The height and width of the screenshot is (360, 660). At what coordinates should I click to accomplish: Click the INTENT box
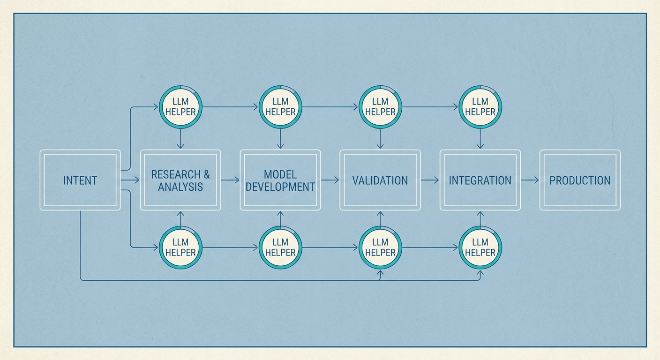point(80,180)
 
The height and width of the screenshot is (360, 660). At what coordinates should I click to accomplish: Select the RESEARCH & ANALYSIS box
point(180,180)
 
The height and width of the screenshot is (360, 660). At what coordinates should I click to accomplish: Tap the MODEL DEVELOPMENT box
point(280,180)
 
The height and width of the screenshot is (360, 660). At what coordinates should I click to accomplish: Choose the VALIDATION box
point(380,180)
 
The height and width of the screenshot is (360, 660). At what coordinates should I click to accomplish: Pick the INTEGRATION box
point(480,180)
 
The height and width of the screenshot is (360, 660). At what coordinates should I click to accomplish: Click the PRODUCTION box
point(580,180)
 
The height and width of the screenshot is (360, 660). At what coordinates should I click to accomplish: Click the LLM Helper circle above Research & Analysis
point(180,107)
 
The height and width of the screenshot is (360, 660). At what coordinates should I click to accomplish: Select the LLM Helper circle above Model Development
point(280,107)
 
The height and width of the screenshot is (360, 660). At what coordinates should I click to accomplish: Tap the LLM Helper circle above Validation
point(380,107)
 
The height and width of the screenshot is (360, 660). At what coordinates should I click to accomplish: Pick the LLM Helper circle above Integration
point(480,107)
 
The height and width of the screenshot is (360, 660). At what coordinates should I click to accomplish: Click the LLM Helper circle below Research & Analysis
point(180,247)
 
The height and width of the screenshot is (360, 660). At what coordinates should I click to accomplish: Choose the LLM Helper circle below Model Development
point(280,247)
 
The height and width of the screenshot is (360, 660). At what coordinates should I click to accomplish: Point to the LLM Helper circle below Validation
point(380,247)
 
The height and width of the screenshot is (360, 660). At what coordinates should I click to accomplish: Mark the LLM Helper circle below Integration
point(480,247)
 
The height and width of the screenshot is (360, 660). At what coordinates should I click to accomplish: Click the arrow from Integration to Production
point(530,180)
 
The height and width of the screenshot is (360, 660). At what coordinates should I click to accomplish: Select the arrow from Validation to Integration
point(430,180)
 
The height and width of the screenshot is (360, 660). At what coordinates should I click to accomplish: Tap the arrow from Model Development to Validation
point(330,180)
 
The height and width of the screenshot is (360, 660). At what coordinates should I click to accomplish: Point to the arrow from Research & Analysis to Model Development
point(230,180)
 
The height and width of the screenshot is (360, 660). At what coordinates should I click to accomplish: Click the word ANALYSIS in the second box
point(180,187)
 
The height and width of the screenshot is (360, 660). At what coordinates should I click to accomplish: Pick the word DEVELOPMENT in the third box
point(280,187)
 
